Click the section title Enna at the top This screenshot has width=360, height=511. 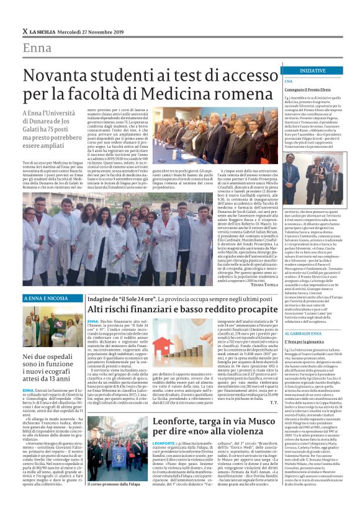[x=37, y=48]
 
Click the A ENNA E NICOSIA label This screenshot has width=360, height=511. [x=45, y=299]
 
